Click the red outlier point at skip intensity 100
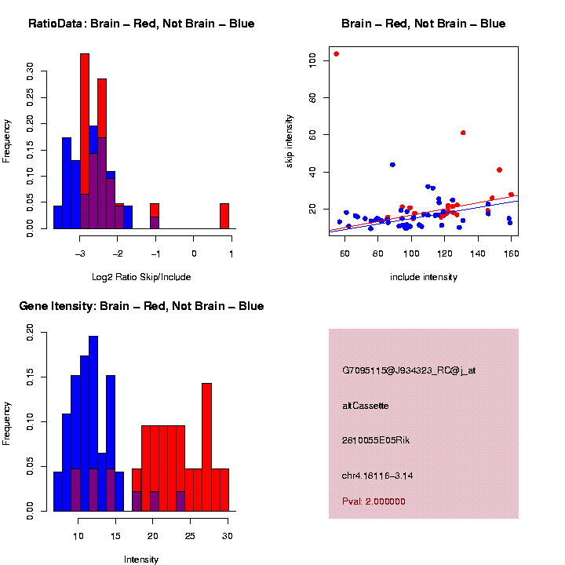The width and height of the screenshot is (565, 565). [x=336, y=54]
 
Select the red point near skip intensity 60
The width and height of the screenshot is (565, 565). [x=463, y=133]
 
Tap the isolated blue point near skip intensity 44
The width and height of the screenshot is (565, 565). [x=392, y=165]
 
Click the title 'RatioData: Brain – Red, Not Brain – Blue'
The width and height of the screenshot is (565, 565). [x=141, y=24]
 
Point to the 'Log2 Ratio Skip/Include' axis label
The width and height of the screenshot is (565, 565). [x=141, y=276]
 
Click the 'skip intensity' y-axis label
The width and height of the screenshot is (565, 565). [x=289, y=143]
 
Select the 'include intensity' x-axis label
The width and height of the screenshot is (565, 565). [x=424, y=276]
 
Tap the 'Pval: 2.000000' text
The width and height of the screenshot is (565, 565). [x=374, y=501]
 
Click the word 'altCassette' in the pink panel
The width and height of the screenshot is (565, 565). [x=366, y=406]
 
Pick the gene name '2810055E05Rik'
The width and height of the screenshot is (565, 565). [x=376, y=440]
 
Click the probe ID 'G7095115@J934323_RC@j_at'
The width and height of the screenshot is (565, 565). [x=409, y=370]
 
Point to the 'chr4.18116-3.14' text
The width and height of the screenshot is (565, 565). [x=377, y=476]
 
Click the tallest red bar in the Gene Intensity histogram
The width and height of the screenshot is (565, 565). [x=207, y=447]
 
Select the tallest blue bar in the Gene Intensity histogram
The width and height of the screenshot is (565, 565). [x=93, y=424]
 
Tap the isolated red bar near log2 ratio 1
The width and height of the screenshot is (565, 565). [x=224, y=216]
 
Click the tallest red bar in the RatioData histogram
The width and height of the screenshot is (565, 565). [x=85, y=141]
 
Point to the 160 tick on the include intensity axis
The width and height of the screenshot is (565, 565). [x=512, y=253]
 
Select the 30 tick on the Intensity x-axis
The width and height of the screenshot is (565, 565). [x=228, y=535]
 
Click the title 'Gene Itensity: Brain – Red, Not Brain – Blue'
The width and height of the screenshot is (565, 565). [x=141, y=306]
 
